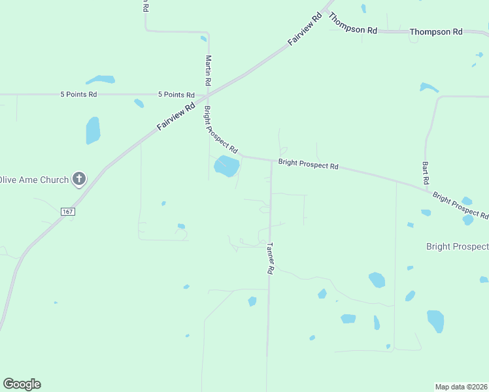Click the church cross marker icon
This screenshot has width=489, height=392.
tap(78, 178)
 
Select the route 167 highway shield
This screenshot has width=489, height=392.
tap(67, 212)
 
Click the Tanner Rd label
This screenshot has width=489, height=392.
tap(270, 258)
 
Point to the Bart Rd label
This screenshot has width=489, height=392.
tap(425, 172)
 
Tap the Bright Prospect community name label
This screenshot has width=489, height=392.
tap(457, 246)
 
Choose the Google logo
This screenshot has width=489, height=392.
tap(22, 384)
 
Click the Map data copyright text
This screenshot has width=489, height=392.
tap(462, 387)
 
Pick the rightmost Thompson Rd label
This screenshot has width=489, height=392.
tap(435, 31)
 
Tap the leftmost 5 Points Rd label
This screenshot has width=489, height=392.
tap(78, 94)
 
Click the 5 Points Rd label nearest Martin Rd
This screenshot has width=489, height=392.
tap(176, 95)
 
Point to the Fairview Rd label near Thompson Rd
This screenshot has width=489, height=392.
tap(306, 29)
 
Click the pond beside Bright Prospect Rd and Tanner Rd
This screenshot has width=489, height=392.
tap(226, 165)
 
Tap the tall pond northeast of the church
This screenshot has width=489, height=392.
tap(93, 131)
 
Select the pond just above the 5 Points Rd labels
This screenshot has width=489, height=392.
tap(101, 80)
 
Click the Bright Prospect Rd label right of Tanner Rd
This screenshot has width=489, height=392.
tap(308, 165)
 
